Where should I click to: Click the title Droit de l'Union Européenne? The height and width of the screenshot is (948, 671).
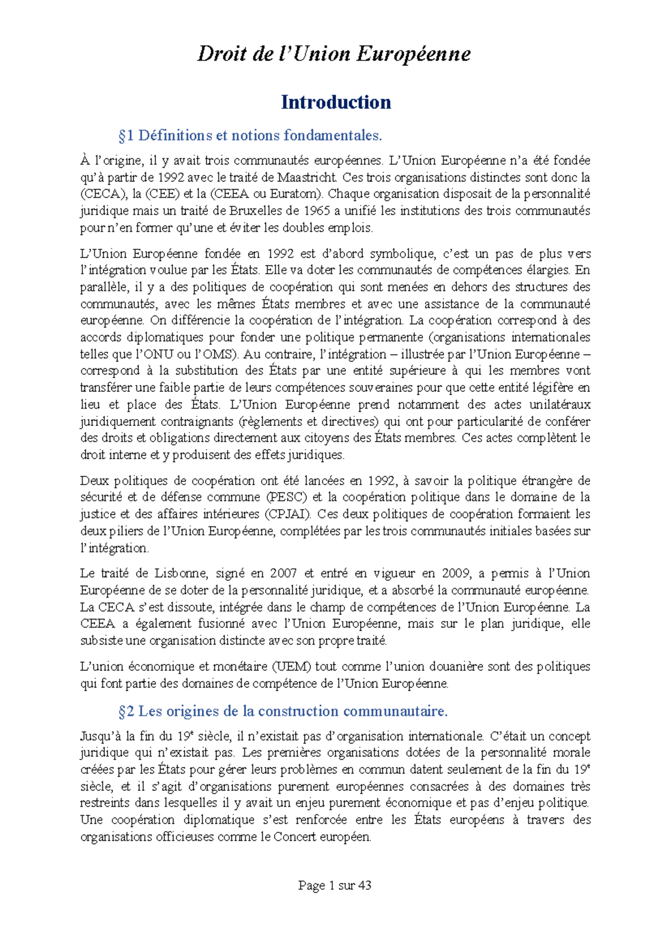[x=334, y=54]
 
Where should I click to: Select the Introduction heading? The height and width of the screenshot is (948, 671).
[x=335, y=102]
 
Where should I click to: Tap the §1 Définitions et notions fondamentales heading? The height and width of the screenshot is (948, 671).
[x=250, y=135]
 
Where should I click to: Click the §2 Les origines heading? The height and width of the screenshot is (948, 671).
[x=283, y=711]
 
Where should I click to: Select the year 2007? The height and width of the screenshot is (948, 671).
[x=283, y=573]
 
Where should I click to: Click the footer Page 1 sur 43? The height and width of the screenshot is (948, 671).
[x=334, y=885]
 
